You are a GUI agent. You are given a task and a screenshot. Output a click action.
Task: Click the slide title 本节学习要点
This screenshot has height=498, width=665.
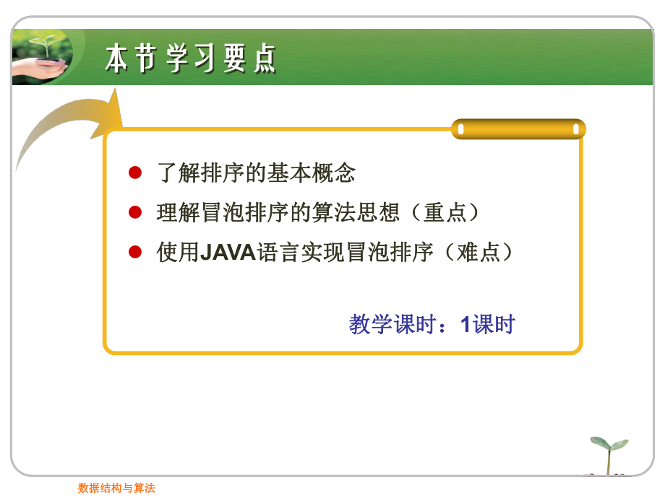[190, 58]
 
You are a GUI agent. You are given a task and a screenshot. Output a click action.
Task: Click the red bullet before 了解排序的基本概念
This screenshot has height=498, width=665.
[134, 173]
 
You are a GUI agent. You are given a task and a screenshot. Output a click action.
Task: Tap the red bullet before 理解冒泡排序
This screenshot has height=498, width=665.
[134, 212]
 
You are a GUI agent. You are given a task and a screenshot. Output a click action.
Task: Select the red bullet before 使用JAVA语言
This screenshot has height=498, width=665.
[134, 252]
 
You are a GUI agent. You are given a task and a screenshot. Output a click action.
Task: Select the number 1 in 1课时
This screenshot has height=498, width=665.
[466, 325]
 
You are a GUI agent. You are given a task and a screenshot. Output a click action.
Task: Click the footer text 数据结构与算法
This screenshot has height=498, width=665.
[116, 488]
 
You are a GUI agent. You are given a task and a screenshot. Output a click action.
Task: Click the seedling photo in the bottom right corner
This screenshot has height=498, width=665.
[609, 455]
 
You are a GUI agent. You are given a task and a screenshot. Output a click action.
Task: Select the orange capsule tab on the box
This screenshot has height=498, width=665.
[518, 130]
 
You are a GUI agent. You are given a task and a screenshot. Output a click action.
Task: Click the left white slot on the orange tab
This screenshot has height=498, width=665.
[461, 130]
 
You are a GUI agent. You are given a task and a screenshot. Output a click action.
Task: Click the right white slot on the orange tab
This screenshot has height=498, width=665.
[576, 130]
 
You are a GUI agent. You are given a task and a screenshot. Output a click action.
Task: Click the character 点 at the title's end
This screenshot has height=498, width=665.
[264, 58]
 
